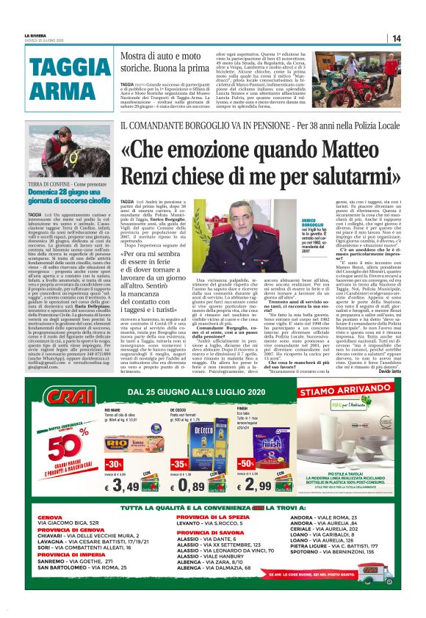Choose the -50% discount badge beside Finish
[x=245, y=465]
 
